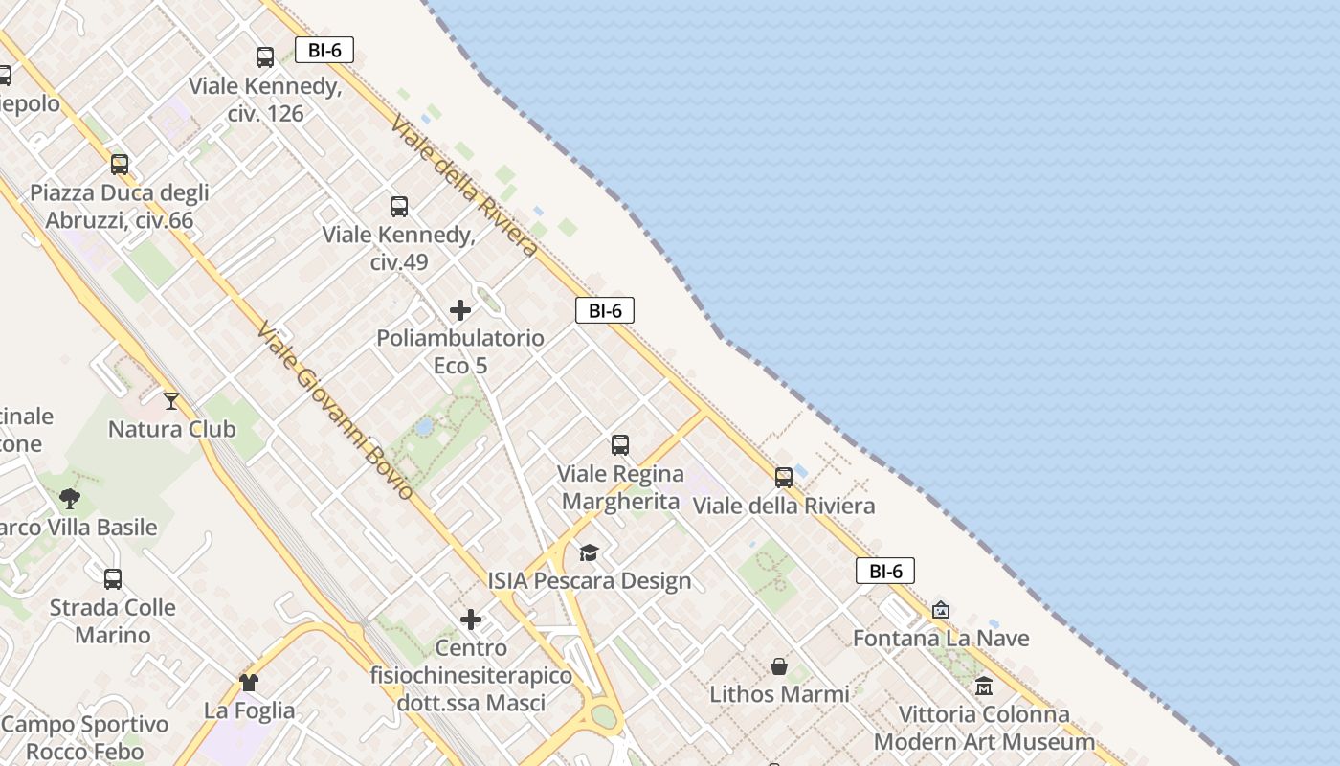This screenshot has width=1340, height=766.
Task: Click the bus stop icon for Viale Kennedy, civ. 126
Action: pos(265,56)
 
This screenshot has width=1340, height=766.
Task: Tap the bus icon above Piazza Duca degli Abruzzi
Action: pos(120,164)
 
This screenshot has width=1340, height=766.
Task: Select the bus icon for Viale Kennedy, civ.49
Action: pos(399,206)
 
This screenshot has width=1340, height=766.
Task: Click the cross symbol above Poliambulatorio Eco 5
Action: pos(460,310)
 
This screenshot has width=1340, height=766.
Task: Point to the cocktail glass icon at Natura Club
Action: pos(171,400)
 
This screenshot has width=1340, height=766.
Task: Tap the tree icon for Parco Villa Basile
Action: pos(69,498)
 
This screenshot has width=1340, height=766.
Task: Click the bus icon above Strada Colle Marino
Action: pos(113,578)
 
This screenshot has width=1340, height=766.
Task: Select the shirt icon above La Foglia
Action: pos(249,682)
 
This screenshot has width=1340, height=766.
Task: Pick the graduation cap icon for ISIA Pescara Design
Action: pos(589,552)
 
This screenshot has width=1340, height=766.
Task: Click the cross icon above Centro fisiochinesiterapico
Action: pos(471,620)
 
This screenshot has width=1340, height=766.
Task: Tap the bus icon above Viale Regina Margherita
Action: pos(620,444)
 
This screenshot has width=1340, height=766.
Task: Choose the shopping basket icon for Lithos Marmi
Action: pos(779,665)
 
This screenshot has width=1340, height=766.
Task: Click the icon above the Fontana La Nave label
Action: pos(941,610)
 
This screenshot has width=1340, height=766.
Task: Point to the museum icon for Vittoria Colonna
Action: pos(984,686)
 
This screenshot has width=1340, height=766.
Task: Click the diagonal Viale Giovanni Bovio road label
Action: pos(336,410)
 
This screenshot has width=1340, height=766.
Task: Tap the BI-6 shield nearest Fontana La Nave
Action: pos(885,572)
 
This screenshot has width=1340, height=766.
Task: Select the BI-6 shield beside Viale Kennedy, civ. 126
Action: pos(324,51)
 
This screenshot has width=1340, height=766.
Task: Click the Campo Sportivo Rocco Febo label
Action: pos(85,737)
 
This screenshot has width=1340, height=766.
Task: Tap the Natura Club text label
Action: pos(171,429)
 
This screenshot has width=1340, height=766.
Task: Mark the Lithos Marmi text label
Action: pos(779,694)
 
